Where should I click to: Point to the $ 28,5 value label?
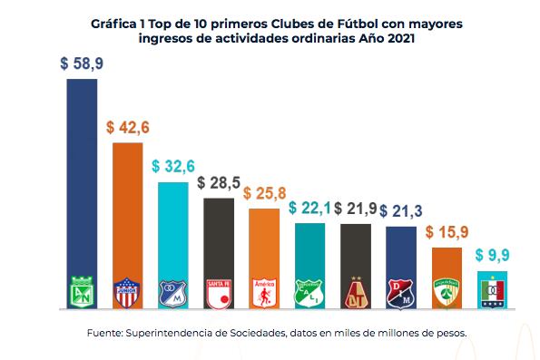(219, 183)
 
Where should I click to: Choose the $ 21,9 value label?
(355, 209)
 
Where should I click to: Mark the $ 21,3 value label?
(400, 212)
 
